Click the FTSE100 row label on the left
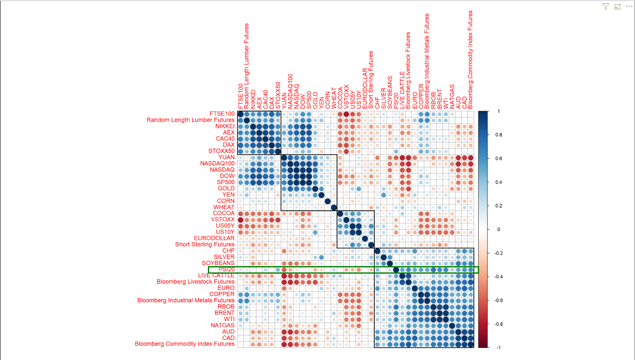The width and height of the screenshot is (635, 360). point(222,114)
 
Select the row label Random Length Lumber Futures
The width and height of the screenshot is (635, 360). point(190,120)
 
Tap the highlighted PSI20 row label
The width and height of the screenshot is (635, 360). point(226,269)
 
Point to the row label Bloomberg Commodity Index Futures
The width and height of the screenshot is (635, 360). point(184,344)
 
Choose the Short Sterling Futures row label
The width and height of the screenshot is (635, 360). point(205,244)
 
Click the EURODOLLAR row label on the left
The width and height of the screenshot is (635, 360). point(214,238)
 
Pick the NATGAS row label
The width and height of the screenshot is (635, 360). point(222,325)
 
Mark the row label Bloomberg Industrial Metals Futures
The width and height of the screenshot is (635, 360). point(186,300)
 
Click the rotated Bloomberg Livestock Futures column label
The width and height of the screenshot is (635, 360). point(408,70)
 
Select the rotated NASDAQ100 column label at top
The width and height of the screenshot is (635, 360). point(290,91)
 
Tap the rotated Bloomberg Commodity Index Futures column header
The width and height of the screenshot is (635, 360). point(470,60)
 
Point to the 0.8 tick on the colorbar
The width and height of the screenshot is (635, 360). point(498,135)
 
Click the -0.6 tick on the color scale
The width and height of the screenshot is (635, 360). point(498,300)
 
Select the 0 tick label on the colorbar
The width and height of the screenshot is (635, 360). point(498,229)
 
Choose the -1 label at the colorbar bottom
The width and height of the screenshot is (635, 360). point(498,347)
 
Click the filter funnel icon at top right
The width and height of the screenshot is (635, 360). point(606,6)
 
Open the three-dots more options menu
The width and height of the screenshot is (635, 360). point(629,6)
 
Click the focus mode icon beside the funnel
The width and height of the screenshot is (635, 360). point(617,6)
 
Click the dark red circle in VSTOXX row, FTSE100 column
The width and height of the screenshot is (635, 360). point(241,220)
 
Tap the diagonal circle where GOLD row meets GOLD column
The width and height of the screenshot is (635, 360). point(315,189)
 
